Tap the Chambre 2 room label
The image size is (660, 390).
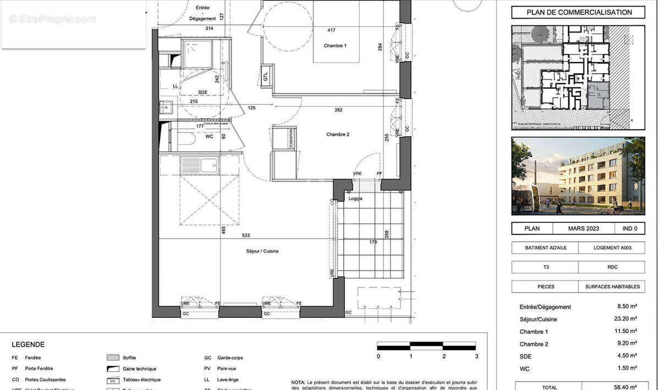tap(337, 134)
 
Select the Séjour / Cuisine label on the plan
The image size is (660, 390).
tap(262, 251)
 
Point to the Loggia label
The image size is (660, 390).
tap(355, 199)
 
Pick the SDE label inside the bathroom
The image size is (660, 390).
tap(202, 92)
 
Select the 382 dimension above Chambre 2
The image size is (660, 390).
tap(338, 109)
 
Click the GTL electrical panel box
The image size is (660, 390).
tap(266, 76)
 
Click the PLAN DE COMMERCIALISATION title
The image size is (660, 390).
tap(578, 13)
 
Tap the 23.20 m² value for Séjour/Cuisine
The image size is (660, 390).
tap(626, 319)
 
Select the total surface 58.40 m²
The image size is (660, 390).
tap(626, 387)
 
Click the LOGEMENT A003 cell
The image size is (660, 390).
tap(612, 248)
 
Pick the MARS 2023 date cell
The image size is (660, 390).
tap(584, 228)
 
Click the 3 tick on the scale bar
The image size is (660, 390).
tap(476, 356)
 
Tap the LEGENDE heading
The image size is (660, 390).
tap(28, 345)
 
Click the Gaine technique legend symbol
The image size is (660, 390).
tap(113, 369)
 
